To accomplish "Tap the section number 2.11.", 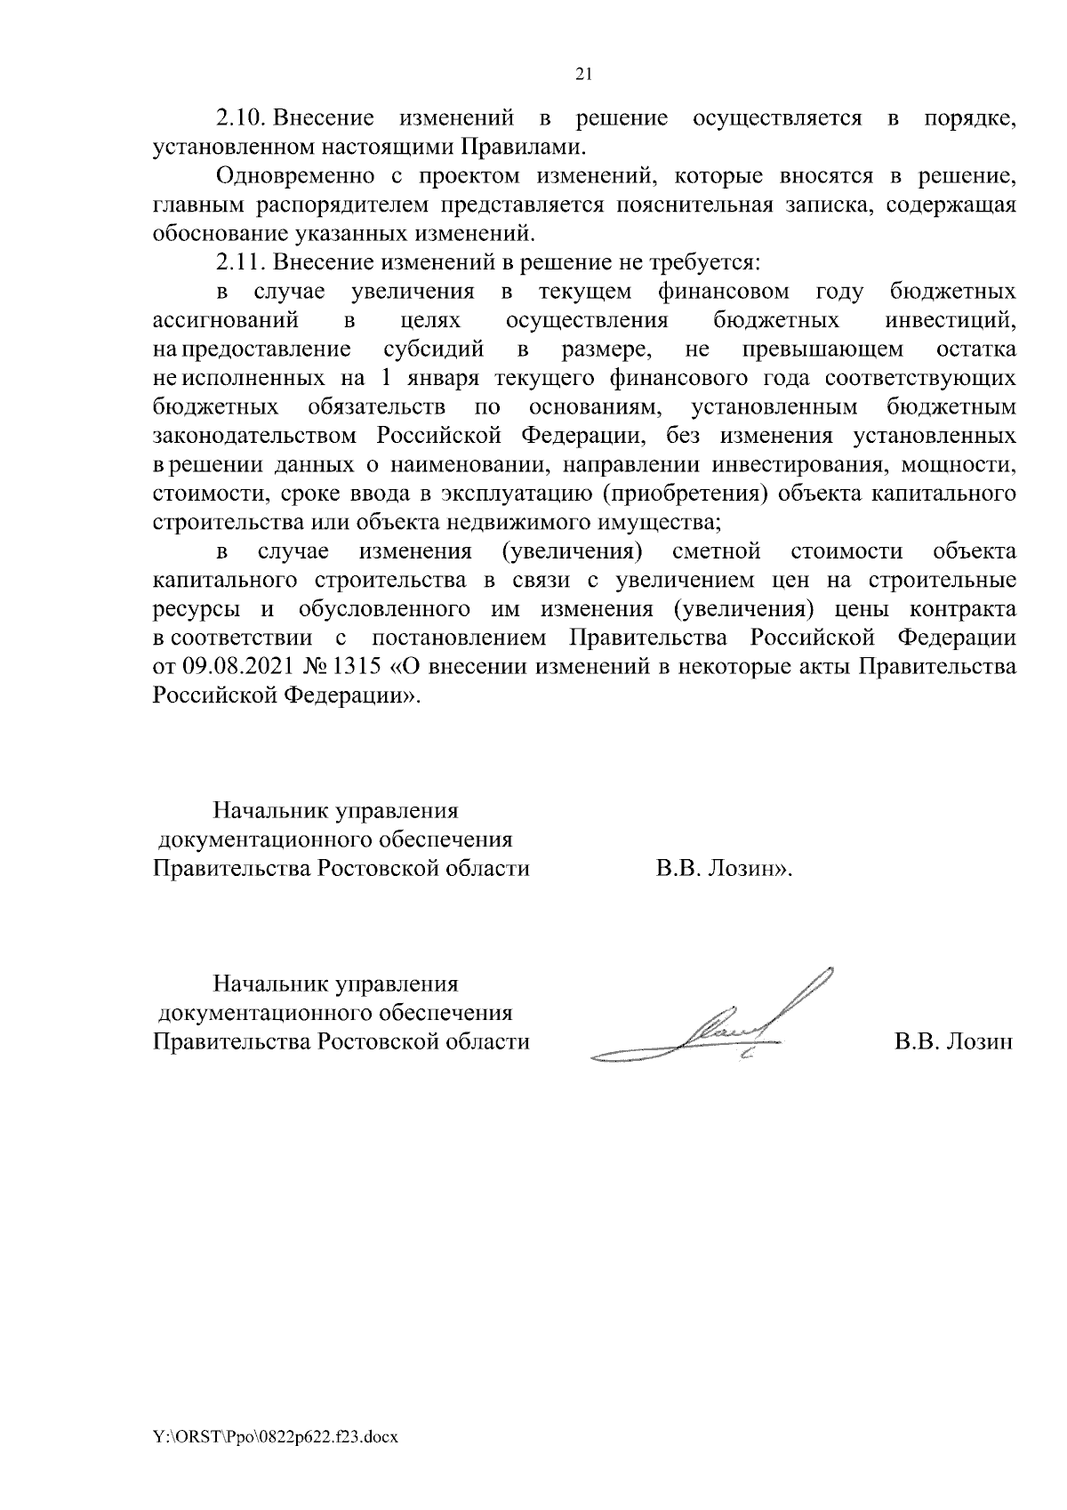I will [241, 263].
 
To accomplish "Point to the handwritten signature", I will [711, 1023].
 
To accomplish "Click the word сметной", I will [717, 551].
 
